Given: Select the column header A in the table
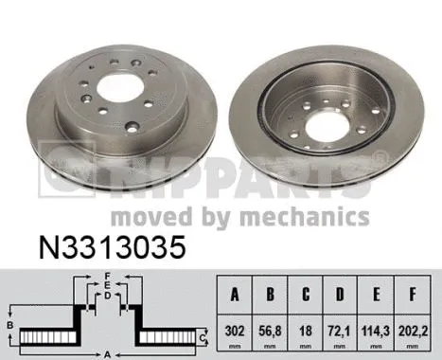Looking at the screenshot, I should pyautogui.click(x=234, y=294).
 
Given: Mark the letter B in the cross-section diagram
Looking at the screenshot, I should pyautogui.click(x=9, y=326).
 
